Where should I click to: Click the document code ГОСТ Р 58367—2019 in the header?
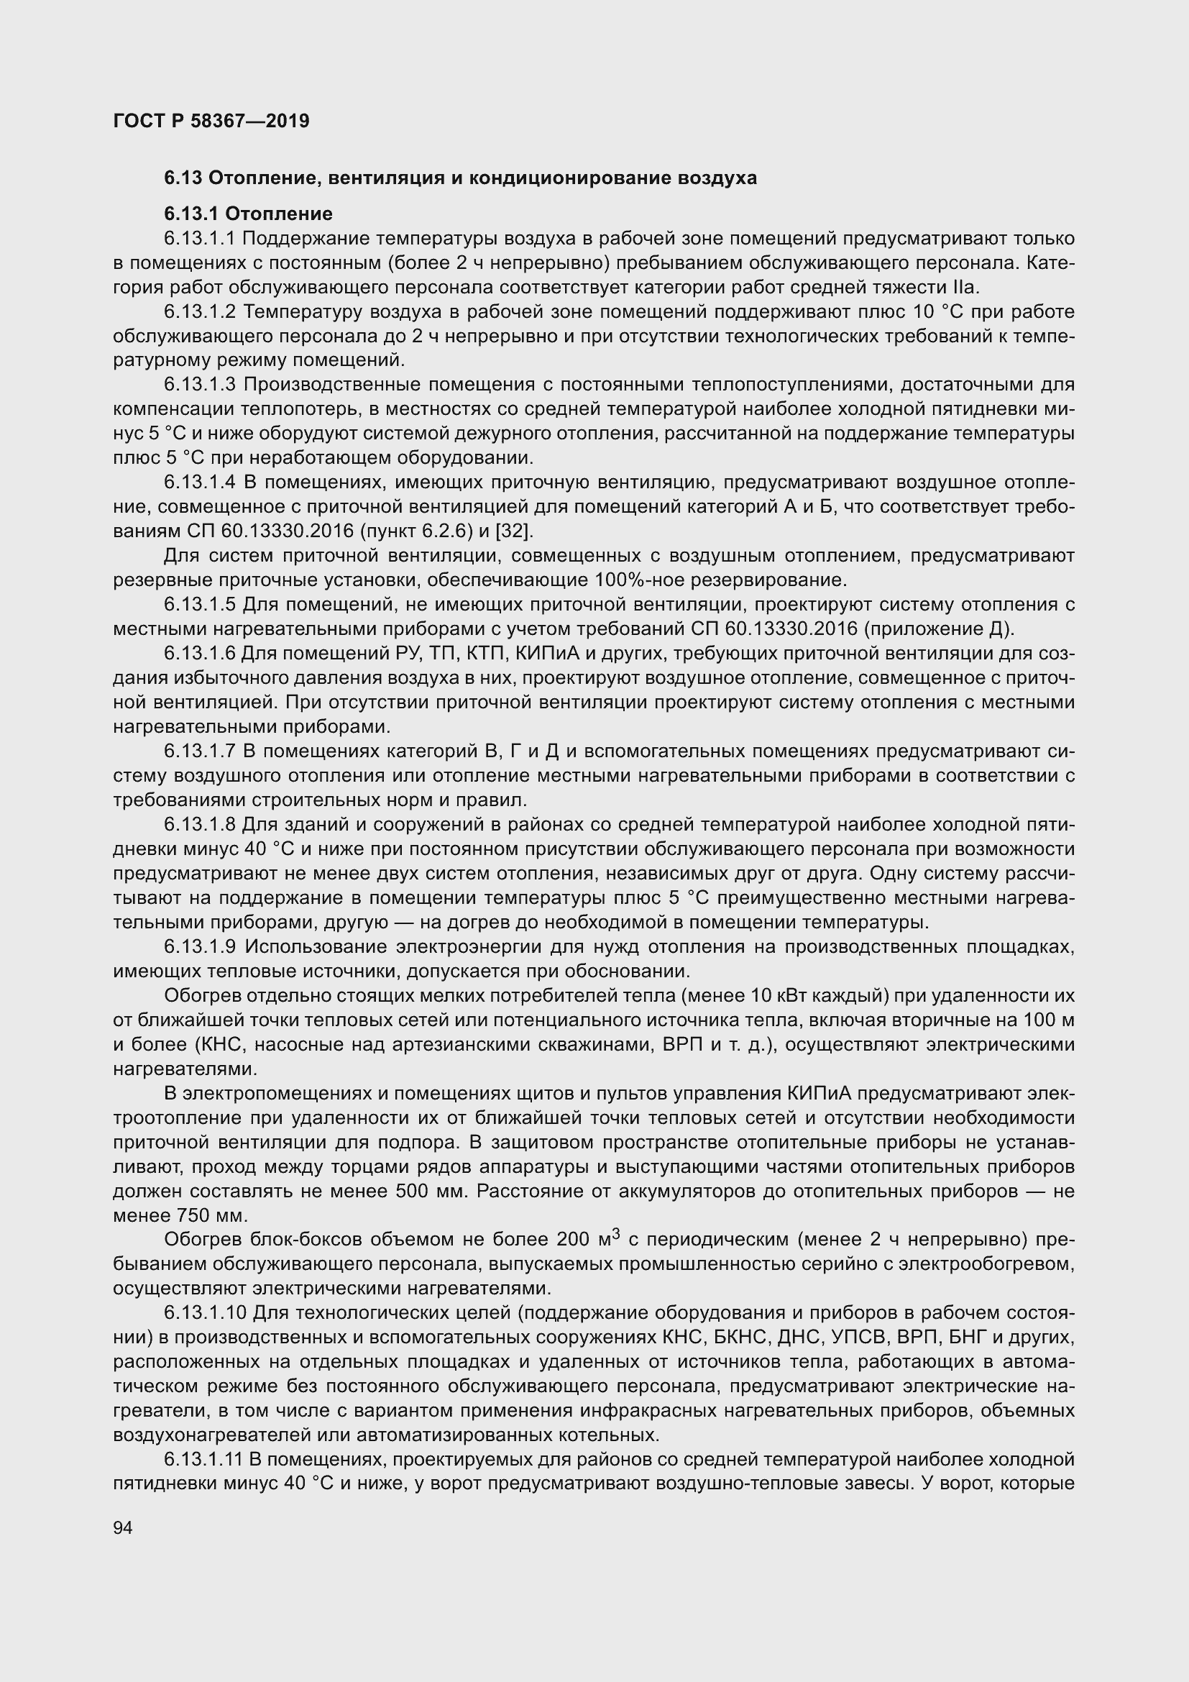[x=211, y=121]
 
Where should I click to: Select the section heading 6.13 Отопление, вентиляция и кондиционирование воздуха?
[x=460, y=178]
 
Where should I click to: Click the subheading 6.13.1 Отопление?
[x=248, y=214]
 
